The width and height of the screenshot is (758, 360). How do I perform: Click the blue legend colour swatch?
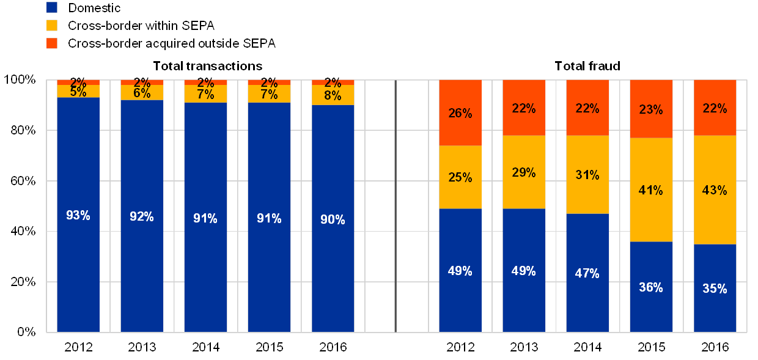click(52, 8)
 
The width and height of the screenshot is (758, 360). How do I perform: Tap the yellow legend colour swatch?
click(52, 26)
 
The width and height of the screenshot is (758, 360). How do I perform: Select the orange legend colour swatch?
click(52, 43)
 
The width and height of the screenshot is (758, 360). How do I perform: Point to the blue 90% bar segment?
click(333, 218)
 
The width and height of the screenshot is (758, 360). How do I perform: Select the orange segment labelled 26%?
click(460, 112)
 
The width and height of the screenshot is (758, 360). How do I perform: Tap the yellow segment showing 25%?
click(460, 177)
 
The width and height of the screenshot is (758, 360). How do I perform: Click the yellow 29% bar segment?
click(524, 172)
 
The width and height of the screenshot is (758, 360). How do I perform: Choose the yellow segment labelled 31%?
click(587, 174)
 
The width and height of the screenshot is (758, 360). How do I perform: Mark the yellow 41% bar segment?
click(651, 189)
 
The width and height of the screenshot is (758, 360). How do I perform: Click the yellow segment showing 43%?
click(715, 189)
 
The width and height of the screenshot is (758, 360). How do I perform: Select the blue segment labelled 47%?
click(587, 273)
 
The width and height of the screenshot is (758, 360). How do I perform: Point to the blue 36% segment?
click(651, 287)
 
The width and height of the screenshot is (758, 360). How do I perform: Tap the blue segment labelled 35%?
click(715, 288)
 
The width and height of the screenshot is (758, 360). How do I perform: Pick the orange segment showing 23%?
click(651, 109)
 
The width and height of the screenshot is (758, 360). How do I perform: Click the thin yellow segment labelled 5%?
click(78, 91)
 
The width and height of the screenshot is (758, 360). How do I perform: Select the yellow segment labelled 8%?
click(333, 95)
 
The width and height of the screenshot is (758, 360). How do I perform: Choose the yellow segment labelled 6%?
click(142, 92)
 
